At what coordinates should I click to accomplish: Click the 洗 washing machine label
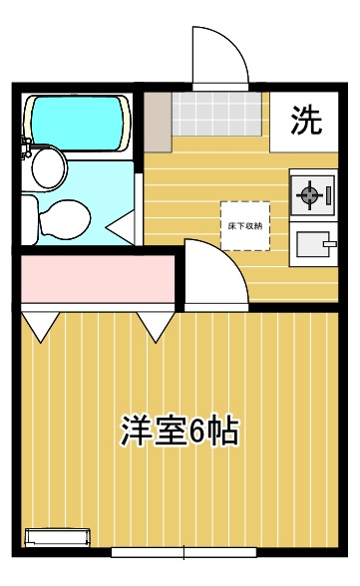(x=306, y=121)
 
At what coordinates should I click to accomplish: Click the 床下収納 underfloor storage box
(x=245, y=226)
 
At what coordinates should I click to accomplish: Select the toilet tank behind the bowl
(x=29, y=217)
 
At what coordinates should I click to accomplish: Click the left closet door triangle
(x=40, y=325)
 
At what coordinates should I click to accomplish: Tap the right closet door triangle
(x=155, y=325)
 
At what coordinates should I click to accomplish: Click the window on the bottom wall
(x=183, y=551)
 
